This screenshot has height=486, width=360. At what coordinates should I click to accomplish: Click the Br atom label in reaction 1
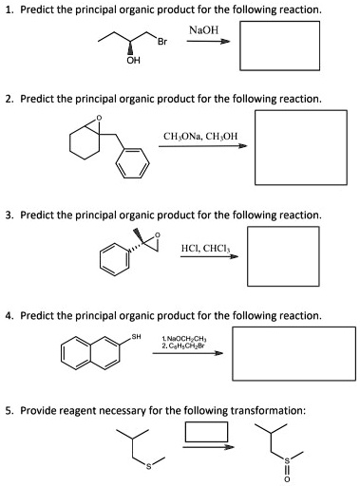pos(162,44)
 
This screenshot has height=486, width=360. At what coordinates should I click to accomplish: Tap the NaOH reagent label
pos(203,31)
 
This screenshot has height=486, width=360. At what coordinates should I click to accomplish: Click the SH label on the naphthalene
pos(136,336)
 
